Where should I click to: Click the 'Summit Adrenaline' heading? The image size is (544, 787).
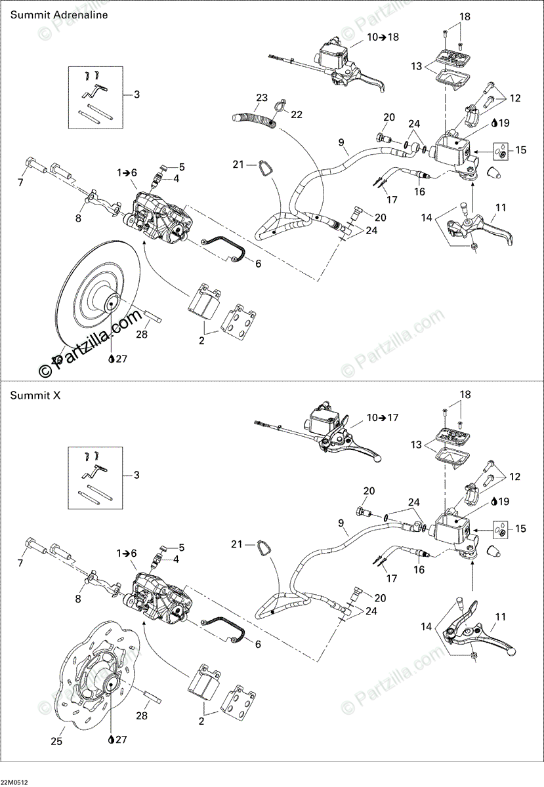point(49,14)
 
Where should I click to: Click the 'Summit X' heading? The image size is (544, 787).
point(32,395)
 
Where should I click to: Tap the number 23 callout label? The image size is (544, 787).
point(262,98)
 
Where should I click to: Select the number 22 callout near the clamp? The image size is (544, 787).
point(297,114)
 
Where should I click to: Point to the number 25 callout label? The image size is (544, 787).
point(57,742)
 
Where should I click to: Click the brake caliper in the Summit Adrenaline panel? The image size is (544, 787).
point(161,216)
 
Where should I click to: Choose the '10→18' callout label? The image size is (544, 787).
point(383,37)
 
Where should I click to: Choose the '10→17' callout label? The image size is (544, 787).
point(383,417)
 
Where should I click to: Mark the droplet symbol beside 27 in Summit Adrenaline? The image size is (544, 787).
point(112,359)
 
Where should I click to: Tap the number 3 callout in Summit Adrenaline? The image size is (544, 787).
point(136,94)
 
